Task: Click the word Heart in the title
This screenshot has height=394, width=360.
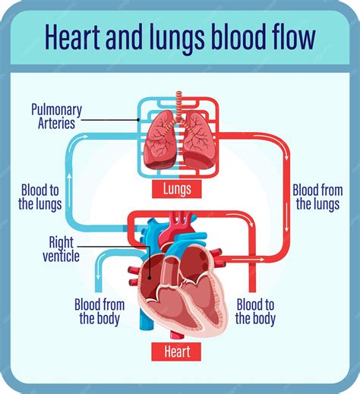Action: [x=71, y=36]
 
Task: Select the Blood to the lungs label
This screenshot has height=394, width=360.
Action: [x=41, y=197]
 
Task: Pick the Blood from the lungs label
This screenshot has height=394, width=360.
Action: [x=317, y=197]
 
